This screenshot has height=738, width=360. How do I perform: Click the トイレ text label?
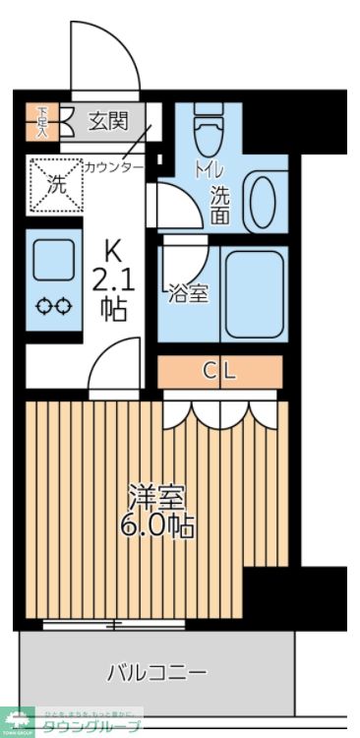(x=210, y=169)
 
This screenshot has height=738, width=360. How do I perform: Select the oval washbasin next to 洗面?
(x=262, y=202)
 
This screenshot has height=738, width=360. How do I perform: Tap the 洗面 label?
(x=221, y=202)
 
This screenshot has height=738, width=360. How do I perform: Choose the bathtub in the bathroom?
(x=252, y=292)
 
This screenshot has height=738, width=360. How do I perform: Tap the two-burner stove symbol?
(x=54, y=306)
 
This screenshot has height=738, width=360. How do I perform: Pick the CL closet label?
(x=220, y=371)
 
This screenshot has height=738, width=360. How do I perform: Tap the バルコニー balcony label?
(x=156, y=673)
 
